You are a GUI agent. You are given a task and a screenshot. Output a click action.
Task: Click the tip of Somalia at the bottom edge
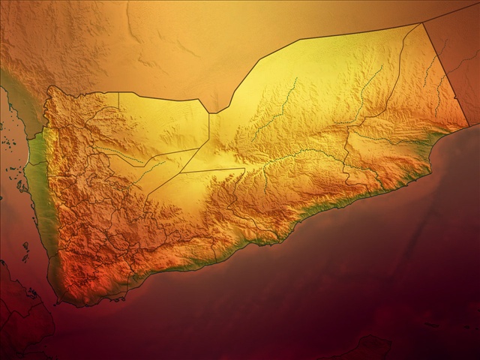point(367,349)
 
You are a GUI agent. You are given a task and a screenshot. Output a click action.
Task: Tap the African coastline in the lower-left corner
point(22,315)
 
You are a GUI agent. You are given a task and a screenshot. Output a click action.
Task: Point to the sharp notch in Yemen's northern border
point(211,113)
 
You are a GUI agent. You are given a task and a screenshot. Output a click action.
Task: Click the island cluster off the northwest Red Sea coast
point(15,169)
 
